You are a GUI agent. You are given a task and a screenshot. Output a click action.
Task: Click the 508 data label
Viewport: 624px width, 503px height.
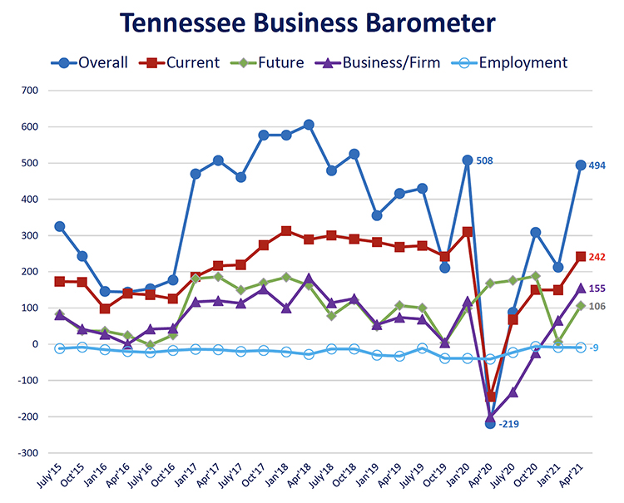pos(485,160)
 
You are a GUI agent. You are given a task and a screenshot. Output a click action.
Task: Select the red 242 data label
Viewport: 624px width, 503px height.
pos(597,258)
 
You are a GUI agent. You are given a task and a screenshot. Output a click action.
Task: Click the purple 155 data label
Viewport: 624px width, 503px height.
pos(597,288)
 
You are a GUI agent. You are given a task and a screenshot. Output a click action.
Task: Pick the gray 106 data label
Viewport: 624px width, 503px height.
pos(597,307)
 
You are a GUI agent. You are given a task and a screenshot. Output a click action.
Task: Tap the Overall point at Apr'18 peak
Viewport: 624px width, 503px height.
pos(309,125)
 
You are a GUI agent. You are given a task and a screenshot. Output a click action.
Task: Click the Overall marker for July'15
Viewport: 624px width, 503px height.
pos(59,226)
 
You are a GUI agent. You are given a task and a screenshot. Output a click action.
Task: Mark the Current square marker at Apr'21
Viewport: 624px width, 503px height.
pos(581,257)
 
